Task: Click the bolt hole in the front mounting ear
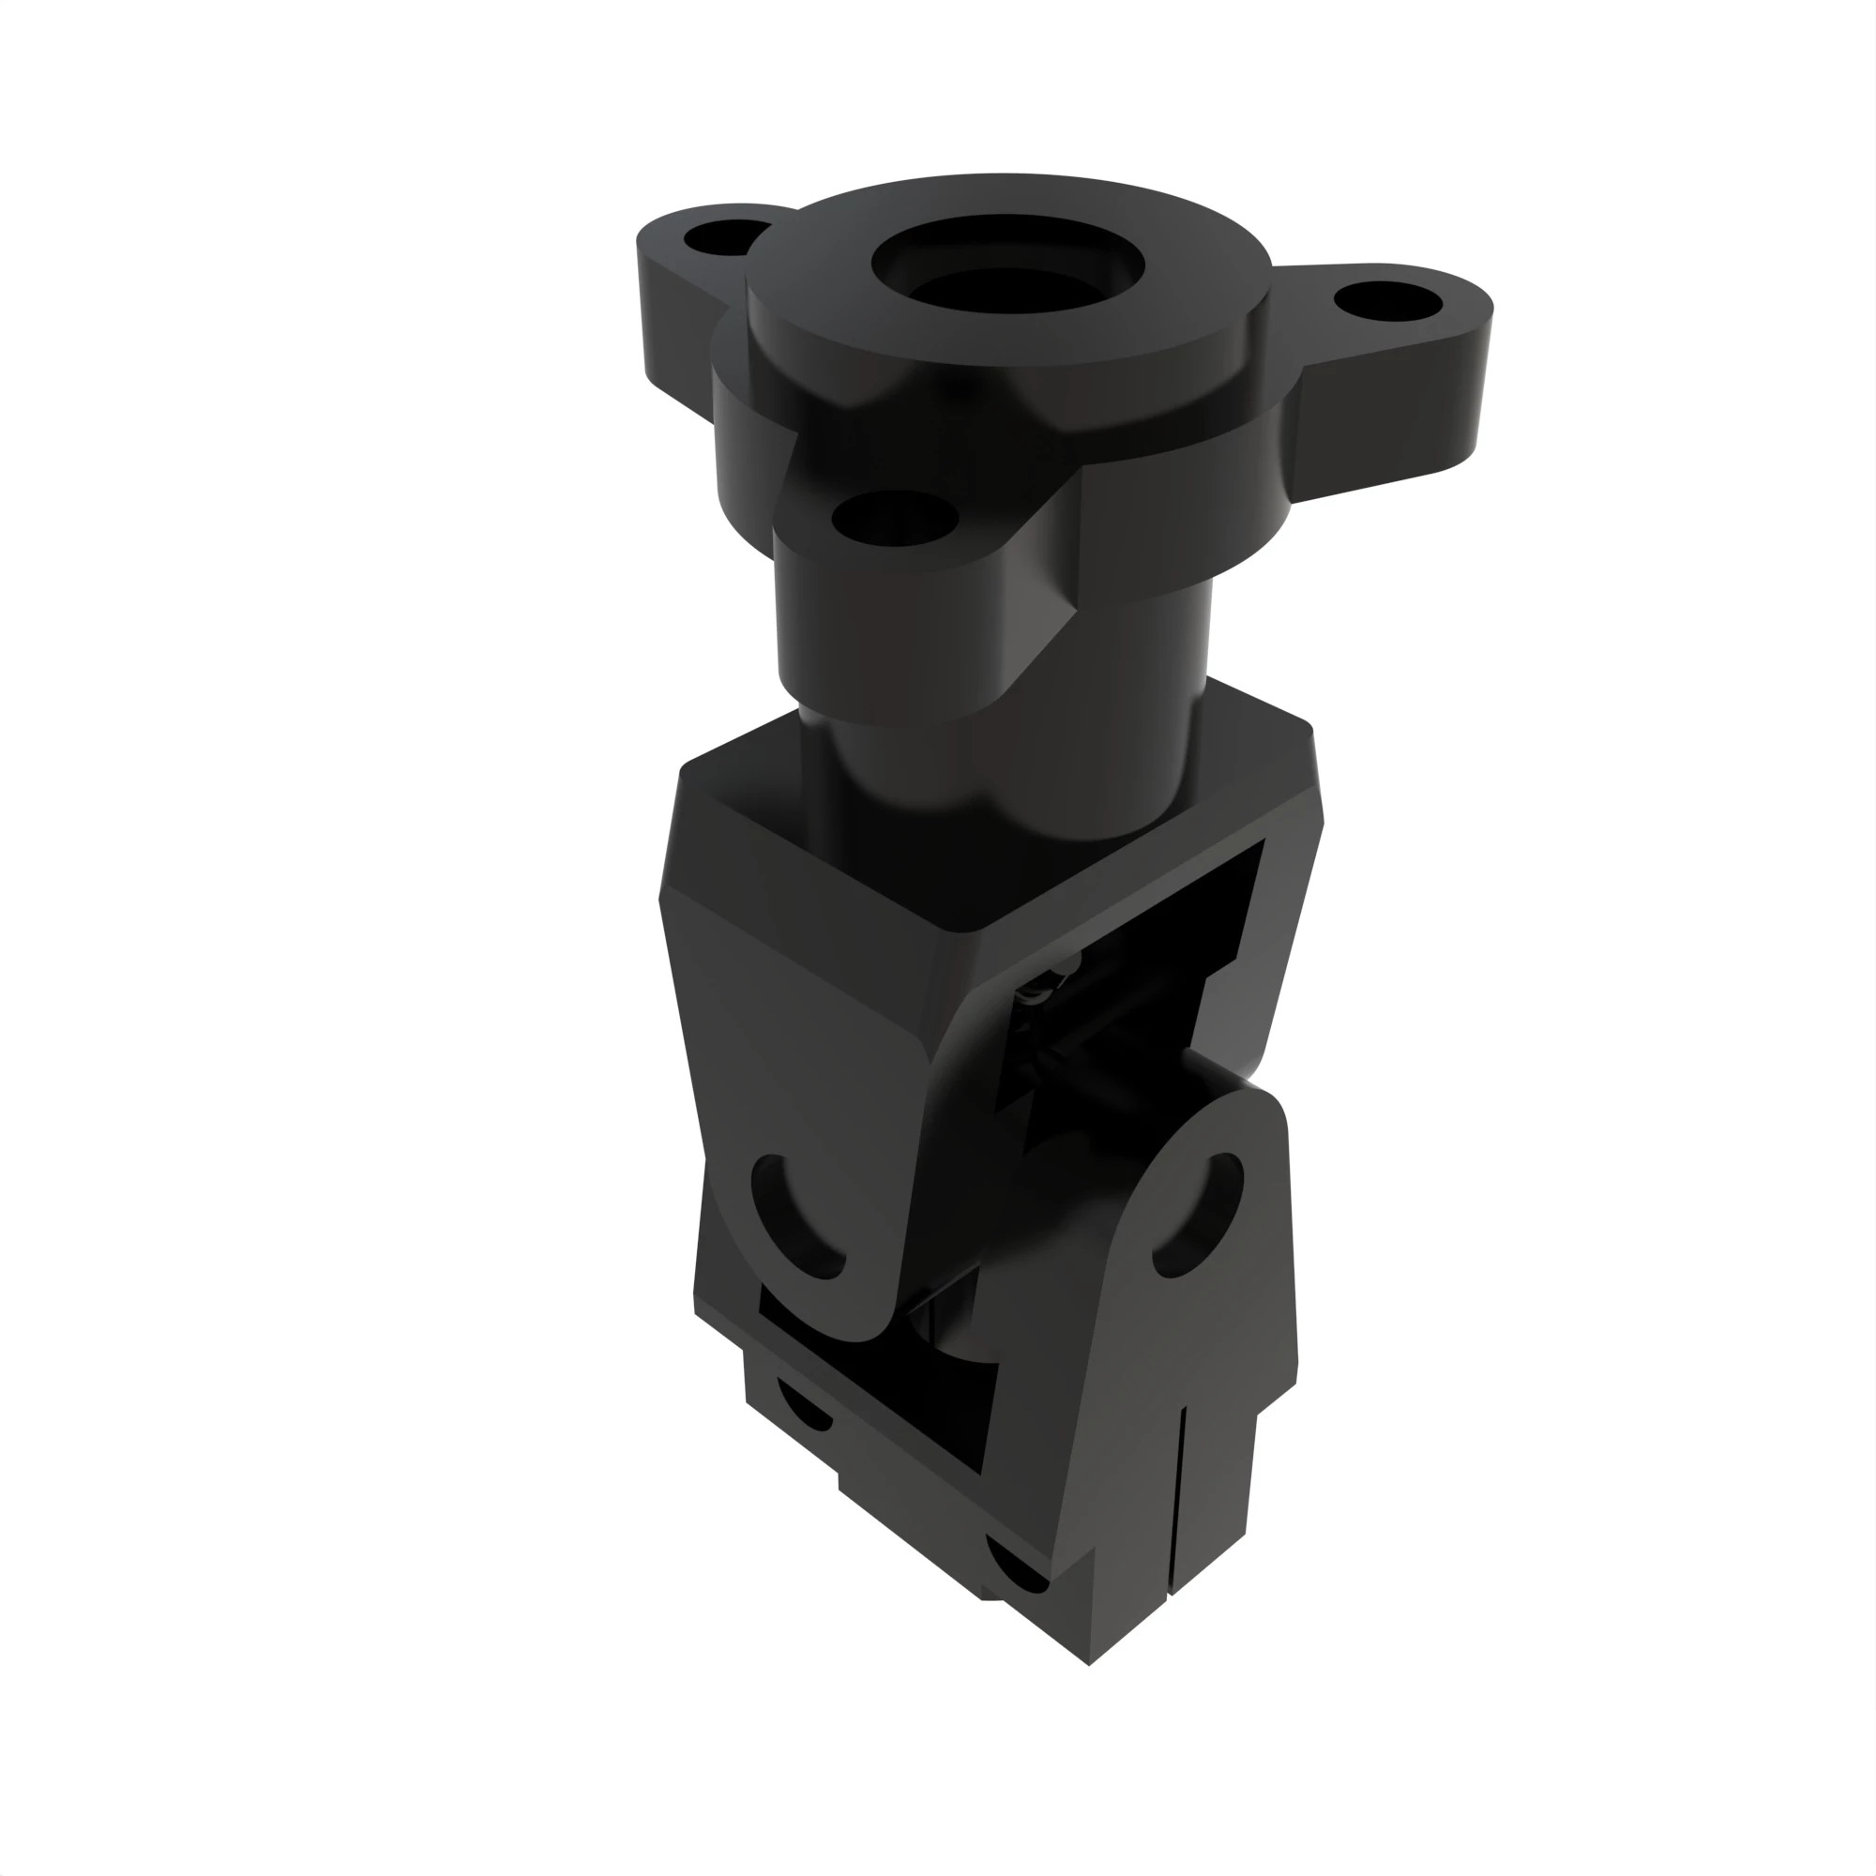pos(894,519)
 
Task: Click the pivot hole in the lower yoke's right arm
pos(1199,1214)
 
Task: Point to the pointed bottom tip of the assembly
pos(1089,1662)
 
